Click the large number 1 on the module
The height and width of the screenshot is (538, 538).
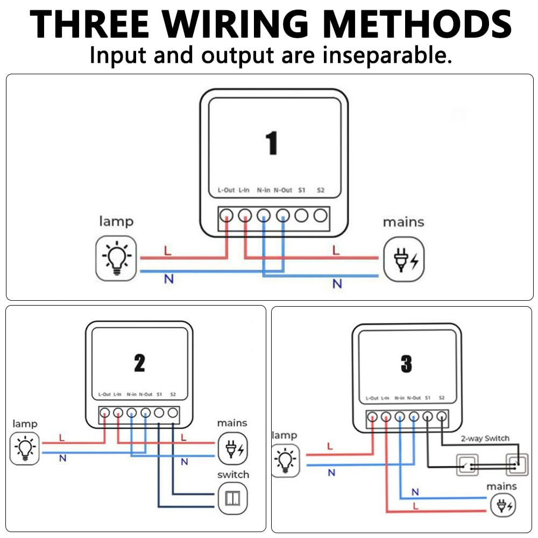click(272, 143)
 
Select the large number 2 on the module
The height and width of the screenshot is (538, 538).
click(139, 364)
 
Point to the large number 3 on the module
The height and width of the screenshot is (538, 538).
click(406, 365)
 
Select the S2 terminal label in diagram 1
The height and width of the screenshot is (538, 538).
click(321, 190)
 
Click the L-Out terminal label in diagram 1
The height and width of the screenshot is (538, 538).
click(226, 190)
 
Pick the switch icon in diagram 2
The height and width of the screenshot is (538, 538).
click(232, 498)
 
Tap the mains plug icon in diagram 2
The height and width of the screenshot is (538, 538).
click(232, 448)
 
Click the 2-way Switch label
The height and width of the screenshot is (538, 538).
click(485, 438)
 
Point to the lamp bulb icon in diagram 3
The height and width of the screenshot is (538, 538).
click(285, 460)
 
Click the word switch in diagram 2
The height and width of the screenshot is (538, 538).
click(233, 475)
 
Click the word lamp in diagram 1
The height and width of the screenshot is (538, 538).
click(116, 221)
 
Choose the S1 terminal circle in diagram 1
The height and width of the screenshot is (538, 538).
click(302, 216)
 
